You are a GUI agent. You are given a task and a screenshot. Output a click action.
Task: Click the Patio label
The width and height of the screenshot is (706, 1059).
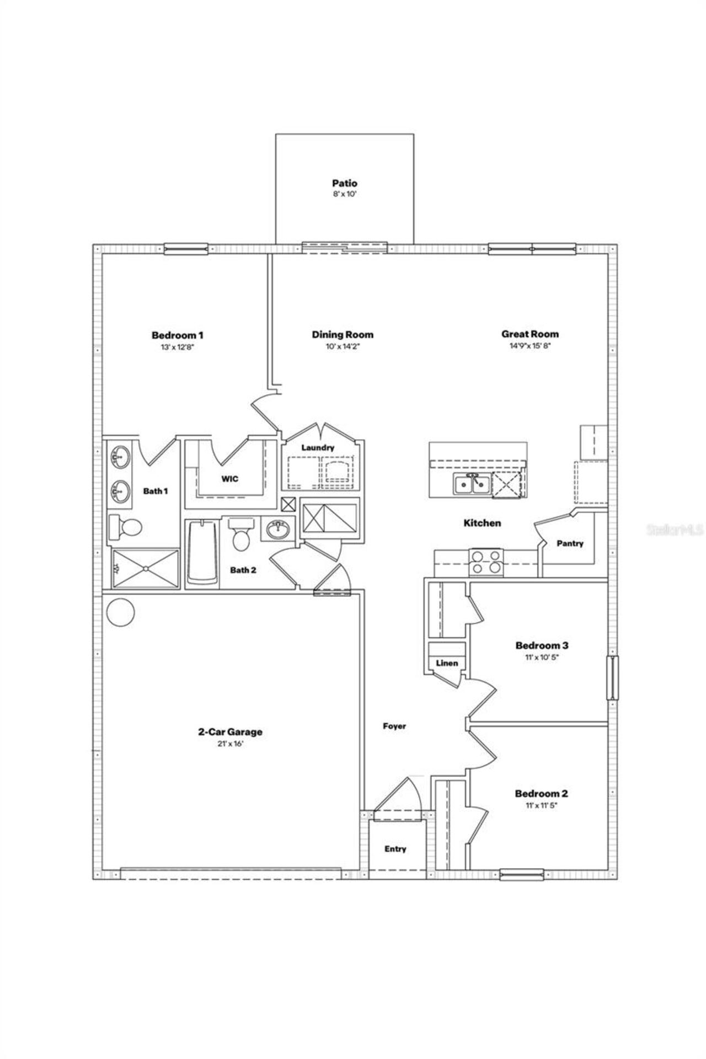tap(344, 183)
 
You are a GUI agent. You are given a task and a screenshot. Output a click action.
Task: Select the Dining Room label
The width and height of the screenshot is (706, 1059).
tap(343, 334)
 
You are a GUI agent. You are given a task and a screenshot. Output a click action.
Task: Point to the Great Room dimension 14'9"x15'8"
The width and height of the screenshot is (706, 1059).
tap(529, 346)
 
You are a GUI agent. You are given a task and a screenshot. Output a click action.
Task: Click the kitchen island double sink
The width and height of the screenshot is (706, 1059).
tap(472, 484)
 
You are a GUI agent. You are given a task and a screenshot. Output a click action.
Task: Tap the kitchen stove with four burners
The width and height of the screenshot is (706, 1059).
tap(486, 562)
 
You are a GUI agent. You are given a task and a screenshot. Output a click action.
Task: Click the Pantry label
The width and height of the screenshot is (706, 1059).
tap(570, 543)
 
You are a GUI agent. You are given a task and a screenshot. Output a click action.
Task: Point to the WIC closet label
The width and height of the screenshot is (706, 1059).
tap(230, 479)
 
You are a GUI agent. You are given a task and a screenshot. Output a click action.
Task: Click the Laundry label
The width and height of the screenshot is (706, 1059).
tap(318, 448)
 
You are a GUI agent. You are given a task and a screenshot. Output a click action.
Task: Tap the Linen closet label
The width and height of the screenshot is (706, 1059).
tap(447, 663)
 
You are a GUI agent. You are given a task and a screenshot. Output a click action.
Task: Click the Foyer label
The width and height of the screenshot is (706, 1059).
tap(394, 726)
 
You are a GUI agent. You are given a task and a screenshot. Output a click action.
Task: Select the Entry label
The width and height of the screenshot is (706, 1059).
tap(395, 849)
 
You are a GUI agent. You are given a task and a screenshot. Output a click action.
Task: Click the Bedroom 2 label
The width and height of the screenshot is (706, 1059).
tap(541, 794)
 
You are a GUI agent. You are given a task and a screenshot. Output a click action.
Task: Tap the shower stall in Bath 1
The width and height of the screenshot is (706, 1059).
tap(146, 568)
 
